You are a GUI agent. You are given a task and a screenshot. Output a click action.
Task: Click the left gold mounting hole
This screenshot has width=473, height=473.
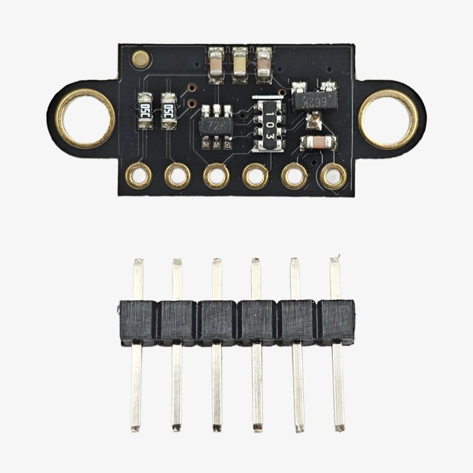coord(85,118)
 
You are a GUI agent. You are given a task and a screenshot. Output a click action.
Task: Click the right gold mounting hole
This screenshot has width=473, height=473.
coord(388,118)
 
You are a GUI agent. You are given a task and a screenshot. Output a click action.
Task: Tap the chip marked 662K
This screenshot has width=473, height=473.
coord(315,101)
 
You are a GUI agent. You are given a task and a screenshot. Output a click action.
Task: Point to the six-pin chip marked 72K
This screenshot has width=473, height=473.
coord(216,125)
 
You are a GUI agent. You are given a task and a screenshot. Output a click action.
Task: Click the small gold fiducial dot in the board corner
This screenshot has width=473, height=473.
coord(140,59)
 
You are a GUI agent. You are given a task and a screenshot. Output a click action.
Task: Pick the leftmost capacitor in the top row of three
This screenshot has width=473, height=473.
coord(216,64)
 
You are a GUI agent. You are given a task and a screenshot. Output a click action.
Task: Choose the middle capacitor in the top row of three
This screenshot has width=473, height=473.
coord(239,64)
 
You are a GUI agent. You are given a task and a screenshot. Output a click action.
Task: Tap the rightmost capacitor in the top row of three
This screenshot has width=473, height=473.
coord(263,64)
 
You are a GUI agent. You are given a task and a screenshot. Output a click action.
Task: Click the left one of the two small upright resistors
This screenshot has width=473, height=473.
coord(144,111)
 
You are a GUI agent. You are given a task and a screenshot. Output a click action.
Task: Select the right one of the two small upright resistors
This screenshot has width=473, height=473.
coord(169,111)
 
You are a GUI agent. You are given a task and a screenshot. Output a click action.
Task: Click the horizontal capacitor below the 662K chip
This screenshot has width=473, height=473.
coord(318,143)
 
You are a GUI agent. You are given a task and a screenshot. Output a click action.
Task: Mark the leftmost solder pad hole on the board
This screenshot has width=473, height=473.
coord(139,176)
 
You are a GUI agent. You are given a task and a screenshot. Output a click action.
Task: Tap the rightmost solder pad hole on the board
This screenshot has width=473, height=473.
coord(333,176)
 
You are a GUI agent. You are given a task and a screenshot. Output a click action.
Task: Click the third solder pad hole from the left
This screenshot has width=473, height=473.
coord(216,176)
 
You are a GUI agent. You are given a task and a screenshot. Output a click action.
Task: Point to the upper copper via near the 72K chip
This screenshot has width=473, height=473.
coord(191,89)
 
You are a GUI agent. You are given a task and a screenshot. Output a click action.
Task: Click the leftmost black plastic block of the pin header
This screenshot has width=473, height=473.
coord(138,322)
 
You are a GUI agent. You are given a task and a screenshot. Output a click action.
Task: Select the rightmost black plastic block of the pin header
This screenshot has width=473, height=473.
coord(336,322)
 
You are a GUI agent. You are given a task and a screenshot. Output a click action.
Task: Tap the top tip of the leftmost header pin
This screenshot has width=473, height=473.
coord(138,262)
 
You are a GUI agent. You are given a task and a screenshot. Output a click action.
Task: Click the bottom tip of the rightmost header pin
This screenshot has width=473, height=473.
coord(339,426)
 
